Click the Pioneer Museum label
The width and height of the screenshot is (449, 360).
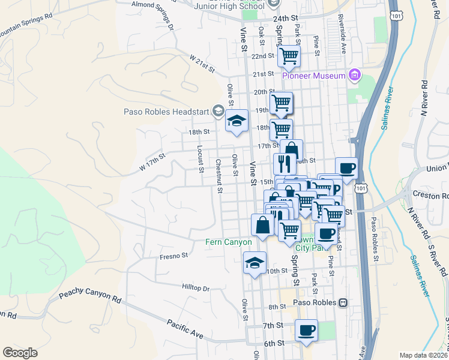pyautogui.click(x=315, y=76)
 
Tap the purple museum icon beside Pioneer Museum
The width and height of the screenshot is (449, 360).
pyautogui.click(x=355, y=76)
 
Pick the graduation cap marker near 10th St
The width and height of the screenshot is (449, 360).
pyautogui.click(x=255, y=263)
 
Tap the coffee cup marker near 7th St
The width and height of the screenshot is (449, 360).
pyautogui.click(x=306, y=330)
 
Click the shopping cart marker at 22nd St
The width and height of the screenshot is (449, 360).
pyautogui.click(x=289, y=56)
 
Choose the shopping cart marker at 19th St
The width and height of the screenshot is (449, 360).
pyautogui.click(x=281, y=103)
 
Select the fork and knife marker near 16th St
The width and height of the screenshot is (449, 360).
pyautogui.click(x=285, y=163)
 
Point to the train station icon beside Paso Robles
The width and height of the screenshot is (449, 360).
pyautogui.click(x=343, y=302)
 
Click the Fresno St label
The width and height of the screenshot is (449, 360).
pyautogui.click(x=174, y=256)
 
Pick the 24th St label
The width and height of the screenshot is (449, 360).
pyautogui.click(x=286, y=19)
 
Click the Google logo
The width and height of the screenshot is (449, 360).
pyautogui.click(x=20, y=353)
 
